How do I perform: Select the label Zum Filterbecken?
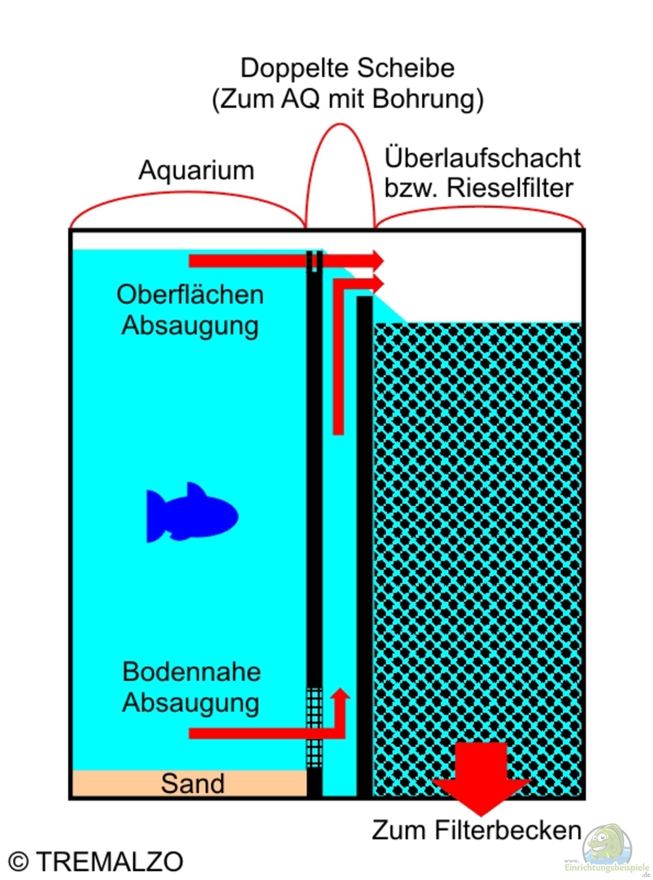[x=477, y=830]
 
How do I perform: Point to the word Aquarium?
[x=196, y=170]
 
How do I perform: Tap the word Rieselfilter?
[x=510, y=187]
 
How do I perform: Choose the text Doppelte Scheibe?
[x=348, y=68]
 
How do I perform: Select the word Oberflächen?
[x=190, y=294]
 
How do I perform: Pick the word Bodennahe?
[x=192, y=672]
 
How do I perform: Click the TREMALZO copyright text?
[x=110, y=862]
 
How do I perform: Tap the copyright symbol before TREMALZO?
[x=18, y=862]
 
